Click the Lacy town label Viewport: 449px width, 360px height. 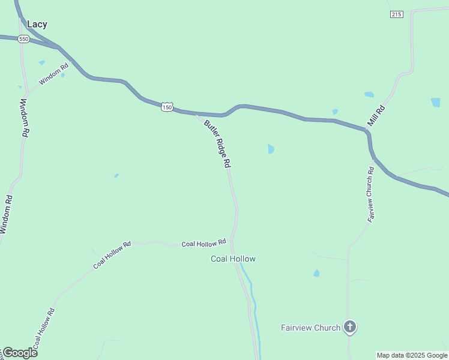[x=37, y=25]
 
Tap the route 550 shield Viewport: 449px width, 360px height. [x=23, y=39]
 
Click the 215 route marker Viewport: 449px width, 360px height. [x=396, y=14]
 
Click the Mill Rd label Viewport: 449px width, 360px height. [x=377, y=115]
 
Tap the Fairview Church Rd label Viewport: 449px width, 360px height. [x=371, y=195]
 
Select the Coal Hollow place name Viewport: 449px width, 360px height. [x=233, y=259]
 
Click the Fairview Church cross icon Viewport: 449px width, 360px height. [x=350, y=327]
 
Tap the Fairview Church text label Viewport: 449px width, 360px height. [x=310, y=328]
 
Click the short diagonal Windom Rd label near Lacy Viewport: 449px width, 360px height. [x=54, y=73]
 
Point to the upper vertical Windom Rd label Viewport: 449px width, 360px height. [x=25, y=119]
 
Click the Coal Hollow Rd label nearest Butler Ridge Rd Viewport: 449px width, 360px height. [x=203, y=242]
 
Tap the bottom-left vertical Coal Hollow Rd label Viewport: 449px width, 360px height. [x=44, y=329]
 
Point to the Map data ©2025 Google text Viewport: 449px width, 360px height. [x=412, y=355]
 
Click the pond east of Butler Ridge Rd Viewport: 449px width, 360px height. [x=271, y=149]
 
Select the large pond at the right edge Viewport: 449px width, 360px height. [x=436, y=102]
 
